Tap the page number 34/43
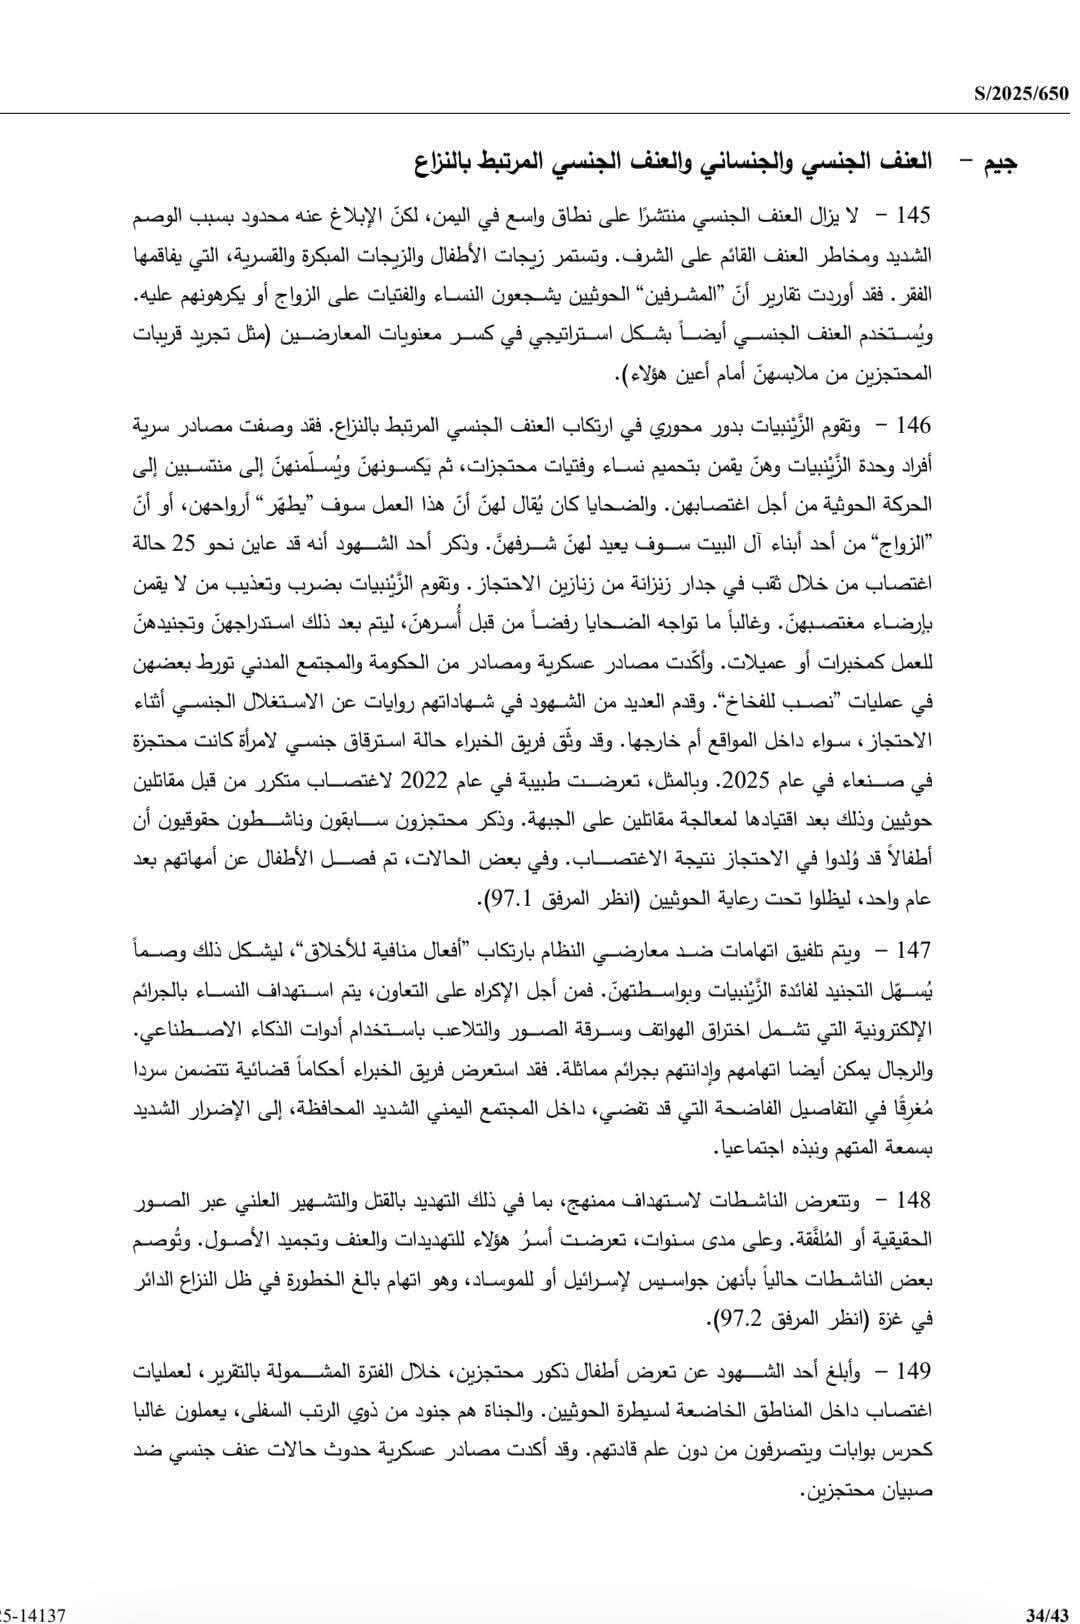(1048, 1612)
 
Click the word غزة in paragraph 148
(908, 1320)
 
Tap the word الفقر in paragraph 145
(913, 298)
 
